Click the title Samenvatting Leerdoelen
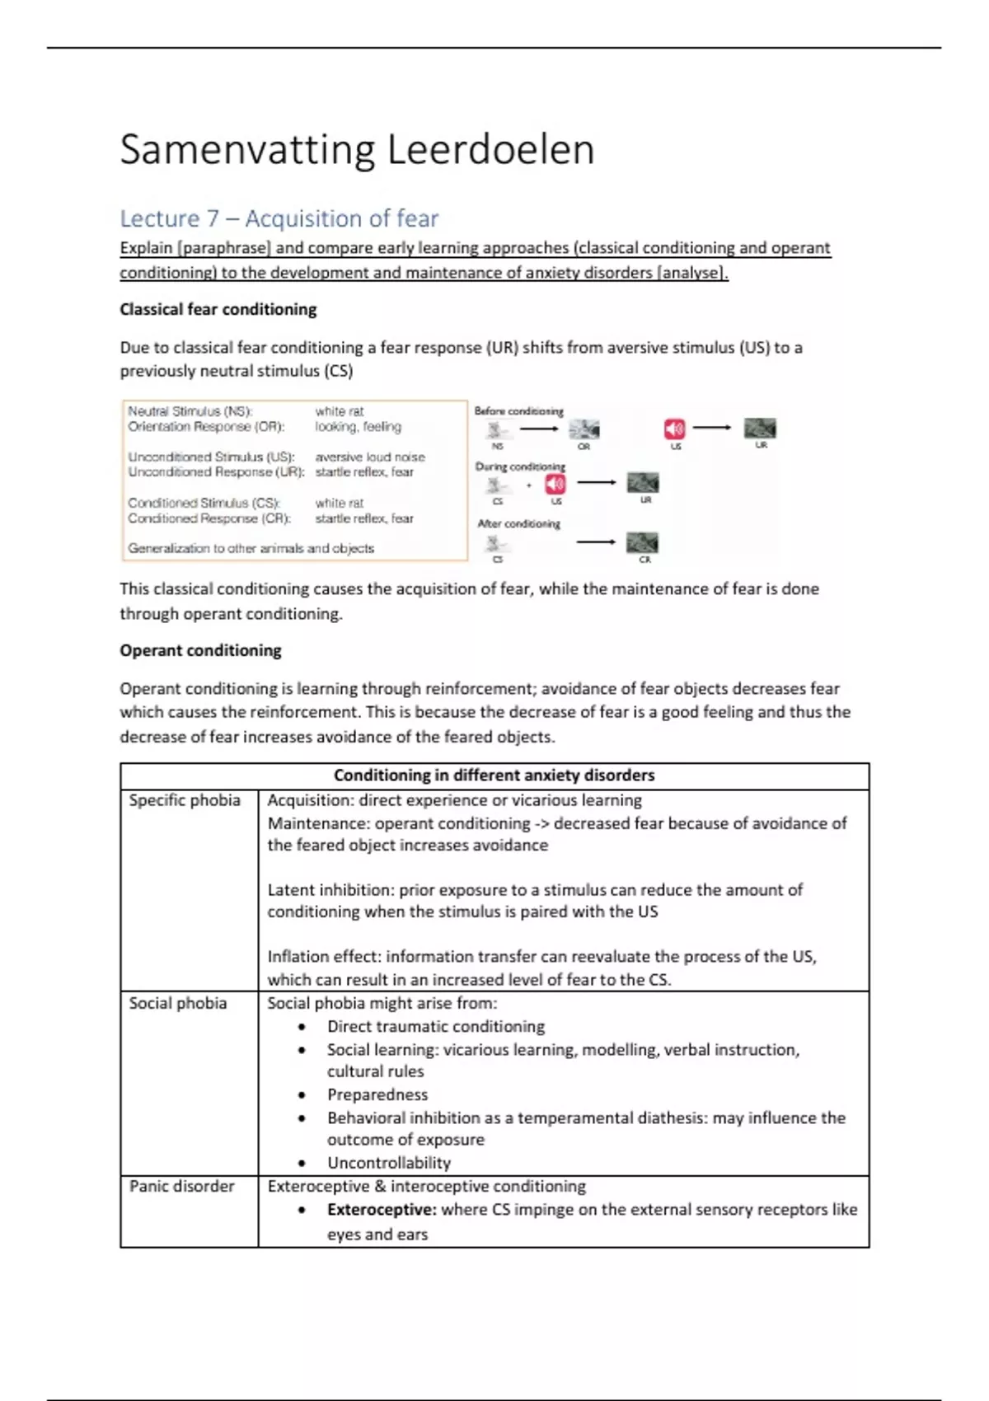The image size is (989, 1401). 357,150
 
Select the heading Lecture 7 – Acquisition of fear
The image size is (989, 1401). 279,218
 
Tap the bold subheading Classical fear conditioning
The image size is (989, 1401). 218,309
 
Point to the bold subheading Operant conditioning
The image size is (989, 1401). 200,650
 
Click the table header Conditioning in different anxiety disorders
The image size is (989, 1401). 494,775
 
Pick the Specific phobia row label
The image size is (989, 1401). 185,800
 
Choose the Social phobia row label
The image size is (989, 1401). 178,1003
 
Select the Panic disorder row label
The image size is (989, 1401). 182,1186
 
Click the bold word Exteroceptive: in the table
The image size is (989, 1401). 382,1210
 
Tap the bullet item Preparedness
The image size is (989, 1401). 377,1094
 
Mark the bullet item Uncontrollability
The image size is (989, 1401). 389,1163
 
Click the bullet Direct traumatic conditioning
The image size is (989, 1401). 436,1026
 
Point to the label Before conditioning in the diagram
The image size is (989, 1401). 519,410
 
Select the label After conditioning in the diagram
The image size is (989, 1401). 519,523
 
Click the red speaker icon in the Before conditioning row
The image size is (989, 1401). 674,429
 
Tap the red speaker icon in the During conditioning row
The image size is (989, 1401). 556,484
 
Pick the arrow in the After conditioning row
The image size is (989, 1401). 596,541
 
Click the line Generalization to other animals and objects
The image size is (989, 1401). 251,548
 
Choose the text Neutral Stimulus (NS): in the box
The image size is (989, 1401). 190,410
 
